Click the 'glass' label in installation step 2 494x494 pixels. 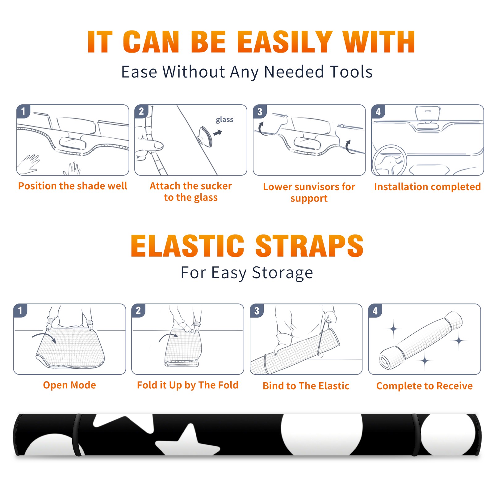[x=224, y=120]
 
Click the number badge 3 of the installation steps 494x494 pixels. [x=260, y=111]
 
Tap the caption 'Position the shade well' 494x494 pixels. [x=73, y=186]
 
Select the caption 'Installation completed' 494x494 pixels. [x=427, y=186]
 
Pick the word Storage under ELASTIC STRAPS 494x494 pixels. [x=283, y=273]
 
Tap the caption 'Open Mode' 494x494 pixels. [x=69, y=385]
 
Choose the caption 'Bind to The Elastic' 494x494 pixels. [x=306, y=386]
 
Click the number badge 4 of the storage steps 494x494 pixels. [x=375, y=311]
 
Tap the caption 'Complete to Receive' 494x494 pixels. [x=424, y=386]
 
